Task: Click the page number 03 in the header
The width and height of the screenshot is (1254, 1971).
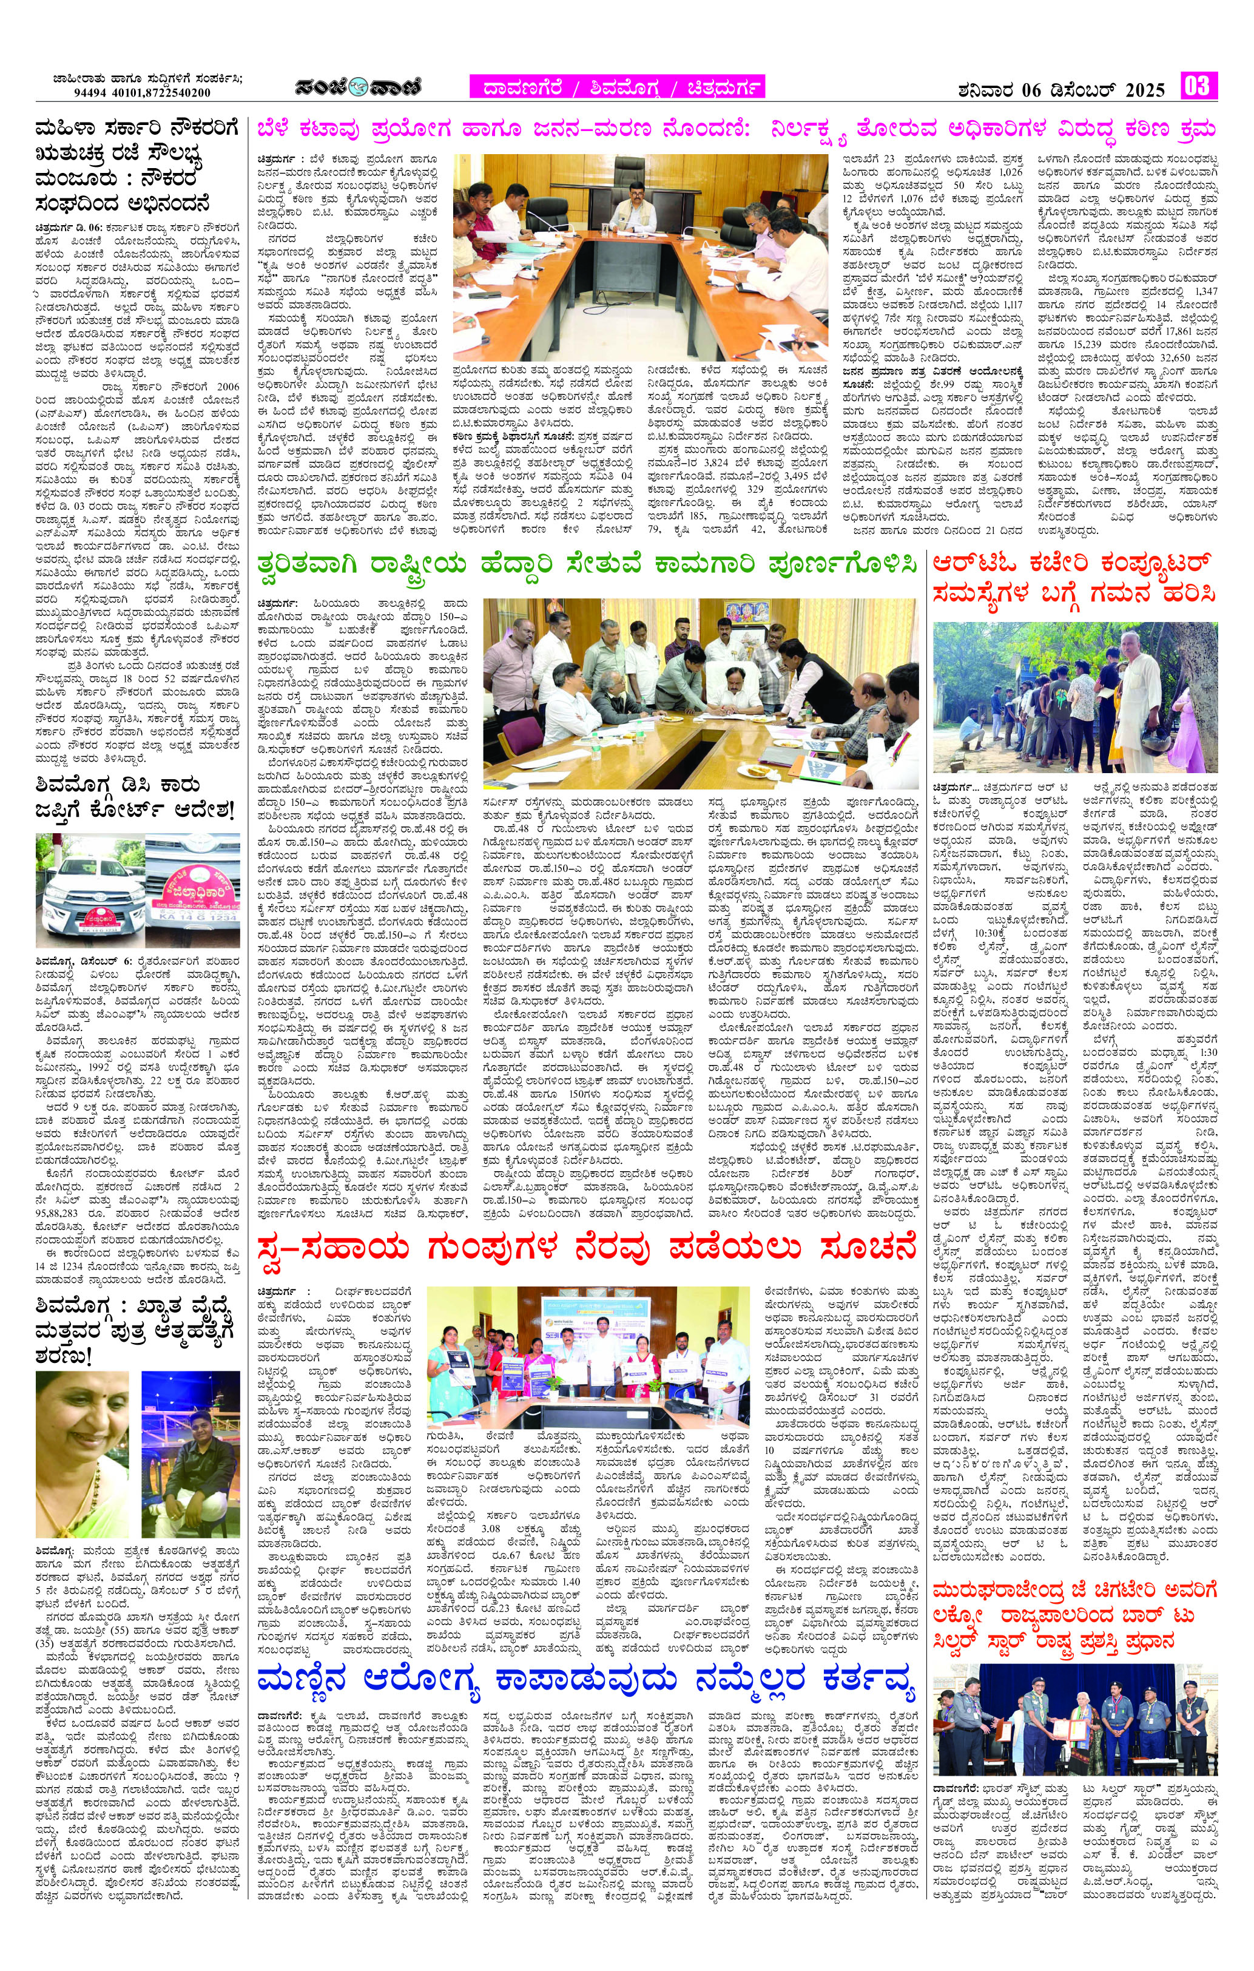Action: pyautogui.click(x=1198, y=87)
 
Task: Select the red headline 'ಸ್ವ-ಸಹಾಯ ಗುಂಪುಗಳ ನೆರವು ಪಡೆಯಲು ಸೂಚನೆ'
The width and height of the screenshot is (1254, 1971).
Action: pyautogui.click(x=585, y=1250)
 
